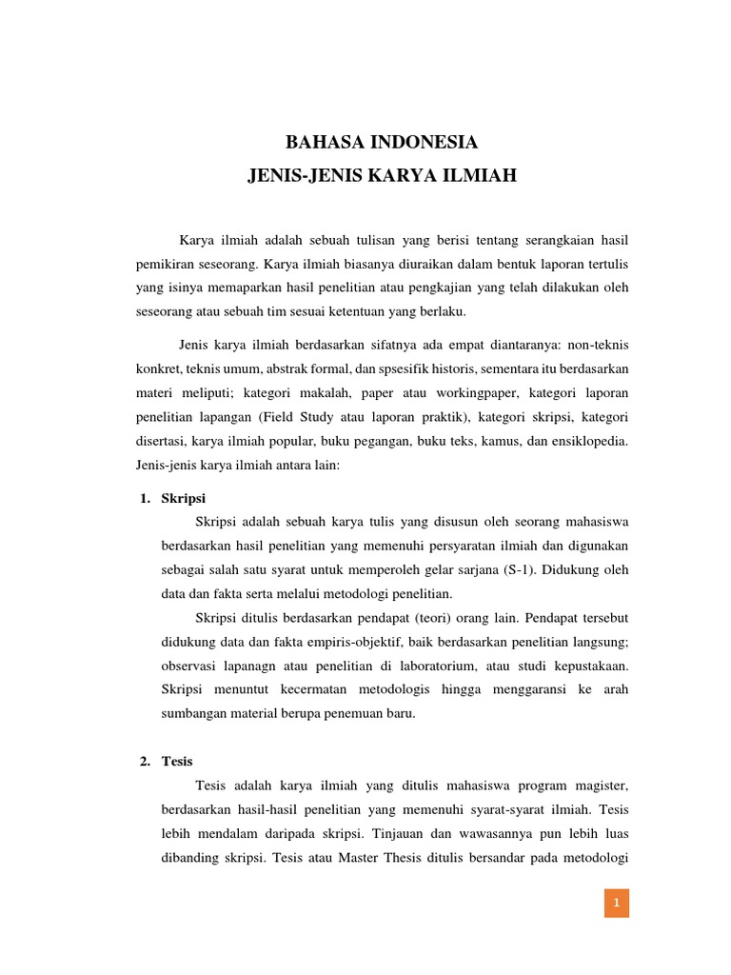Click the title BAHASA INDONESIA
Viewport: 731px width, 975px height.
click(381, 143)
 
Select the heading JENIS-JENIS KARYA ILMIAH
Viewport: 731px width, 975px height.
click(381, 175)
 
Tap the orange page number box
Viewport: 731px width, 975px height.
click(617, 903)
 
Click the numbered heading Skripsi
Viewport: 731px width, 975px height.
click(184, 498)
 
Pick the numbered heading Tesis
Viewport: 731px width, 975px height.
click(178, 762)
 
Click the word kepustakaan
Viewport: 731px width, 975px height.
click(587, 664)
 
